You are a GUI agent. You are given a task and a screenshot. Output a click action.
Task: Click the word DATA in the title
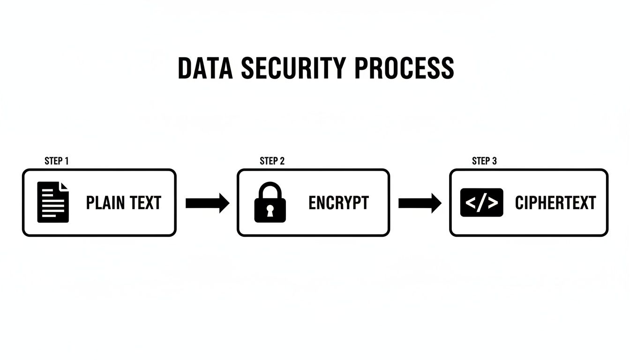205,68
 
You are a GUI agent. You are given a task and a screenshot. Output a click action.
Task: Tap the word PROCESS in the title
404,68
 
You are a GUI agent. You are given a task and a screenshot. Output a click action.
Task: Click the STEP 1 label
57,161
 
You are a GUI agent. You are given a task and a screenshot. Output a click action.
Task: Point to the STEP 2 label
272,161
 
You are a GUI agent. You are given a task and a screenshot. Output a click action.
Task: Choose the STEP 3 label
484,161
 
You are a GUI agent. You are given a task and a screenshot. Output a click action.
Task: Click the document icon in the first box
53,202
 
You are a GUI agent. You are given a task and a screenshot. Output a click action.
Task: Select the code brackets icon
482,202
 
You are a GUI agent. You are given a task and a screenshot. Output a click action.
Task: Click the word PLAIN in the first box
105,203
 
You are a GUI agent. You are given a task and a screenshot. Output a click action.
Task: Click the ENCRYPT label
338,203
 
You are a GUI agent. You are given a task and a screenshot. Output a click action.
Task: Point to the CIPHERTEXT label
555,203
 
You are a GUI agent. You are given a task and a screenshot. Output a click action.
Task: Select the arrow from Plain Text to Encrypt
207,203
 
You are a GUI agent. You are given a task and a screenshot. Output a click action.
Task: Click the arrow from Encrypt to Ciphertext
420,203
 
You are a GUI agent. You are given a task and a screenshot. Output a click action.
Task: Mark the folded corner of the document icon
64,187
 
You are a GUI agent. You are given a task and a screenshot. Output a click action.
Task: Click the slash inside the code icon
482,202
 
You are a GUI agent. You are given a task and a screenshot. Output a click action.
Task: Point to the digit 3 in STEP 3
494,161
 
